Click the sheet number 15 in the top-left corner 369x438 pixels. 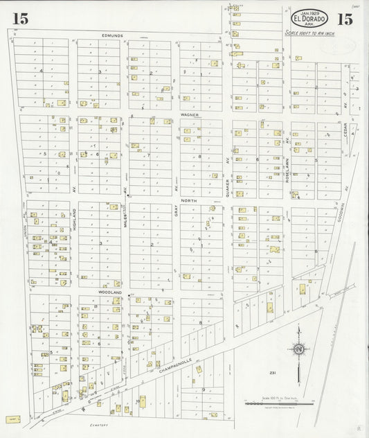(21, 19)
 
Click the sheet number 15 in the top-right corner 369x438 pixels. (346, 19)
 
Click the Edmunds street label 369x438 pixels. (111, 35)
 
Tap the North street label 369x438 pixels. (189, 200)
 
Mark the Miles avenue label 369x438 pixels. (126, 219)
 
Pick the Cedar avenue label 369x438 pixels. (345, 133)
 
